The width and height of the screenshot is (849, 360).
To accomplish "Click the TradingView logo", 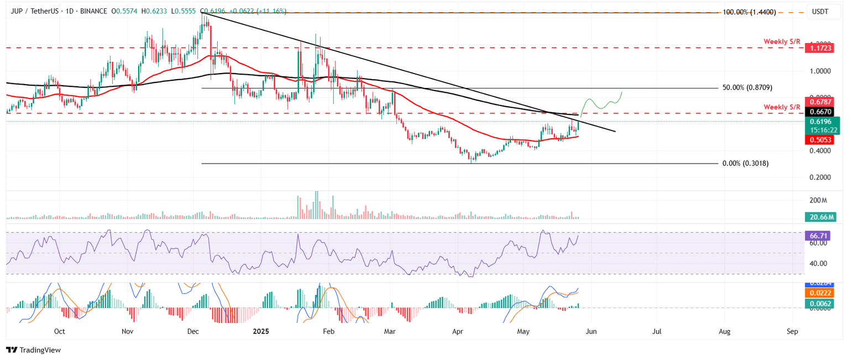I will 33,349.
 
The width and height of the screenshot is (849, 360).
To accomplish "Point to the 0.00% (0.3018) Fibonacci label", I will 745,164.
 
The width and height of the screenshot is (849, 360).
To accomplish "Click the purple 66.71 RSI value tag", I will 820,235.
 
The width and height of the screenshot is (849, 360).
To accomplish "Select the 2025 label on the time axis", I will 260,332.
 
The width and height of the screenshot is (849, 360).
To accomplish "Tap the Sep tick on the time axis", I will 792,332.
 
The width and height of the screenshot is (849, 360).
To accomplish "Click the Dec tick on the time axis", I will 193,332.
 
